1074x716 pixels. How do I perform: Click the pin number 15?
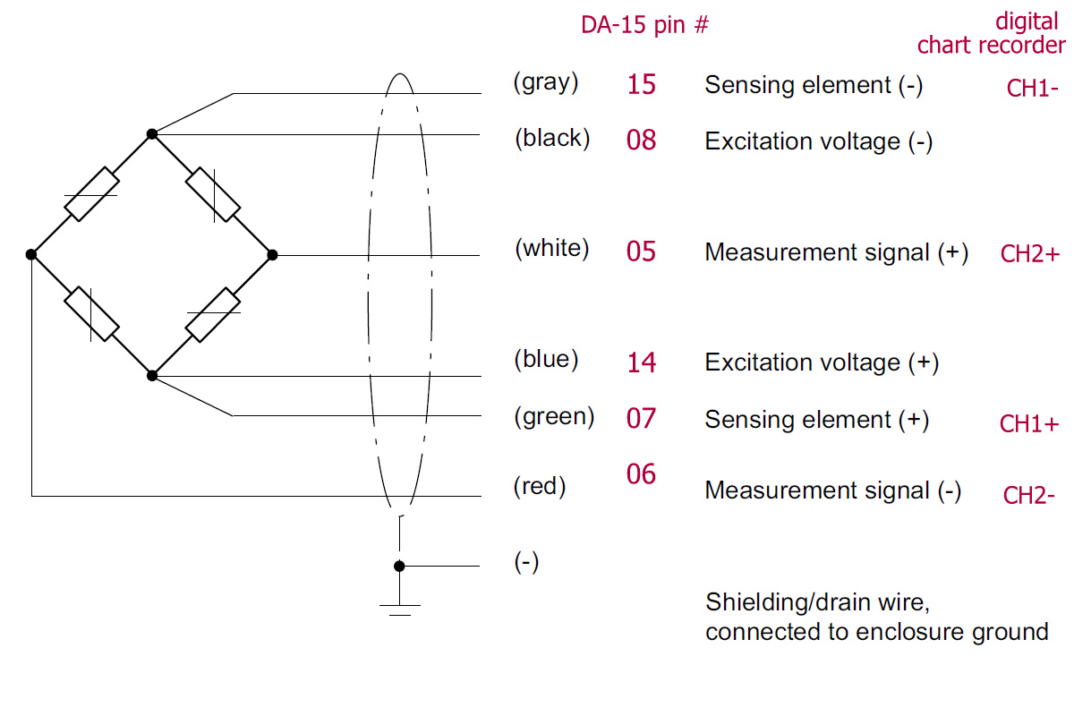[x=641, y=85]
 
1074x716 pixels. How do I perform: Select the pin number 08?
[x=641, y=141]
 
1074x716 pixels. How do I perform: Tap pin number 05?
[x=641, y=251]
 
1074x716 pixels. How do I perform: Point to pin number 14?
[x=641, y=362]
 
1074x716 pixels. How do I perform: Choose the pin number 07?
[x=641, y=418]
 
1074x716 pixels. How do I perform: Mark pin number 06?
[x=641, y=474]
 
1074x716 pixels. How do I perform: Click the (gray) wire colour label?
[x=546, y=83]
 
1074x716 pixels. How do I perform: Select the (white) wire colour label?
[x=551, y=249]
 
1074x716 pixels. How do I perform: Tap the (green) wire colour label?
[x=554, y=416]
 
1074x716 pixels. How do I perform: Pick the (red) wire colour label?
[x=540, y=486]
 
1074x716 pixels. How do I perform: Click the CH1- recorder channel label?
[x=1033, y=89]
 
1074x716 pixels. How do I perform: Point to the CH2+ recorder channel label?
[x=1030, y=254]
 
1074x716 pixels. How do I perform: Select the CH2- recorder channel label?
[x=1029, y=496]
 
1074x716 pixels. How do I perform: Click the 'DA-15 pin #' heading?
[x=644, y=25]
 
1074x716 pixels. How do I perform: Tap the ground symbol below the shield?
[x=399, y=609]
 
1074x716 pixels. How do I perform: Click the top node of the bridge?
[x=152, y=134]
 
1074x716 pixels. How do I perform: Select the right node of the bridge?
[x=273, y=255]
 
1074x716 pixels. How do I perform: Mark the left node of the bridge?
[x=31, y=255]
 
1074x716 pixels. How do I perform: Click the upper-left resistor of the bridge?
[x=92, y=194]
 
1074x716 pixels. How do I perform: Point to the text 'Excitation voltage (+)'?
[x=822, y=362]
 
